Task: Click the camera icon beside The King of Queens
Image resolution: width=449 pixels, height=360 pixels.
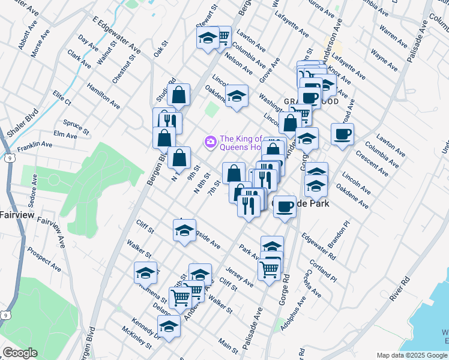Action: [x=210, y=142]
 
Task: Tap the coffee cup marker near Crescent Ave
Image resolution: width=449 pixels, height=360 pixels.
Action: [x=342, y=135]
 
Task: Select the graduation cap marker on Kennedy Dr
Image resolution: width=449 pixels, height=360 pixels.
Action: [x=169, y=328]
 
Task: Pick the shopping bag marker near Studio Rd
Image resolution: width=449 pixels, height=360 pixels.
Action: [x=178, y=95]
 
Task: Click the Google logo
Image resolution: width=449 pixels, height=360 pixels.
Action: [x=19, y=353]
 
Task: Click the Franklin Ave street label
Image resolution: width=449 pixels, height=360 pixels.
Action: [x=35, y=146]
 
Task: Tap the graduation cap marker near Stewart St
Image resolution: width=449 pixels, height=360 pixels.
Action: [x=208, y=38]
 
